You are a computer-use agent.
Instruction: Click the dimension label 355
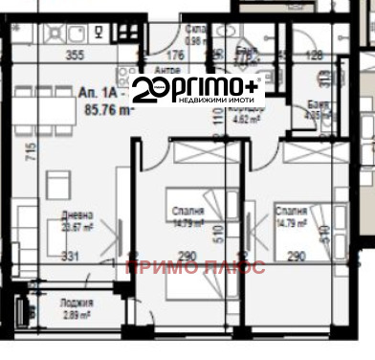pos(77,56)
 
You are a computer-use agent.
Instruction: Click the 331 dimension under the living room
pos(67,256)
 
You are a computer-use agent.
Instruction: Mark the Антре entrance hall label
pos(166,71)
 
